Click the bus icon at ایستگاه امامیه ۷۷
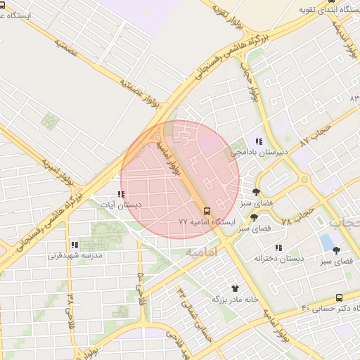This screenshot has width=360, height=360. pos(206,210)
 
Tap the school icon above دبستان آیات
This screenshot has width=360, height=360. pos(121,195)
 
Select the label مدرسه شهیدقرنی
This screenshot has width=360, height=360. pos(75,256)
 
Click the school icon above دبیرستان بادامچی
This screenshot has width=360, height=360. pos(259,141)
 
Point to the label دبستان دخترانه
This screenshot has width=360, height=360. pos(279,259)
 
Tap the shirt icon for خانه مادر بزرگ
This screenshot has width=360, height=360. pos(235,288)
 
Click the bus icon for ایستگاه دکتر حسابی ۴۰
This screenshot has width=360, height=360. pos(340,298)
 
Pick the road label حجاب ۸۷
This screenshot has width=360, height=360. pos(314,133)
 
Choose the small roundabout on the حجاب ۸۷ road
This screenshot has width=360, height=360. pos(304,179)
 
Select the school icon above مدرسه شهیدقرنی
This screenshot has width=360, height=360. pos(75,245)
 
